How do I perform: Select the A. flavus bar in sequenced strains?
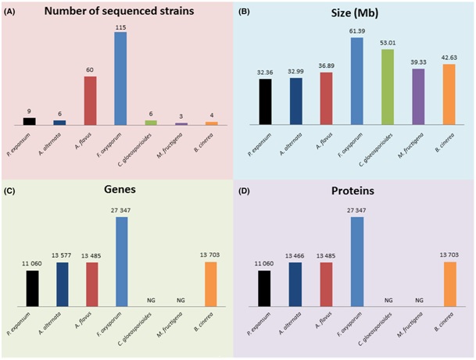pyautogui.click(x=91, y=101)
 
